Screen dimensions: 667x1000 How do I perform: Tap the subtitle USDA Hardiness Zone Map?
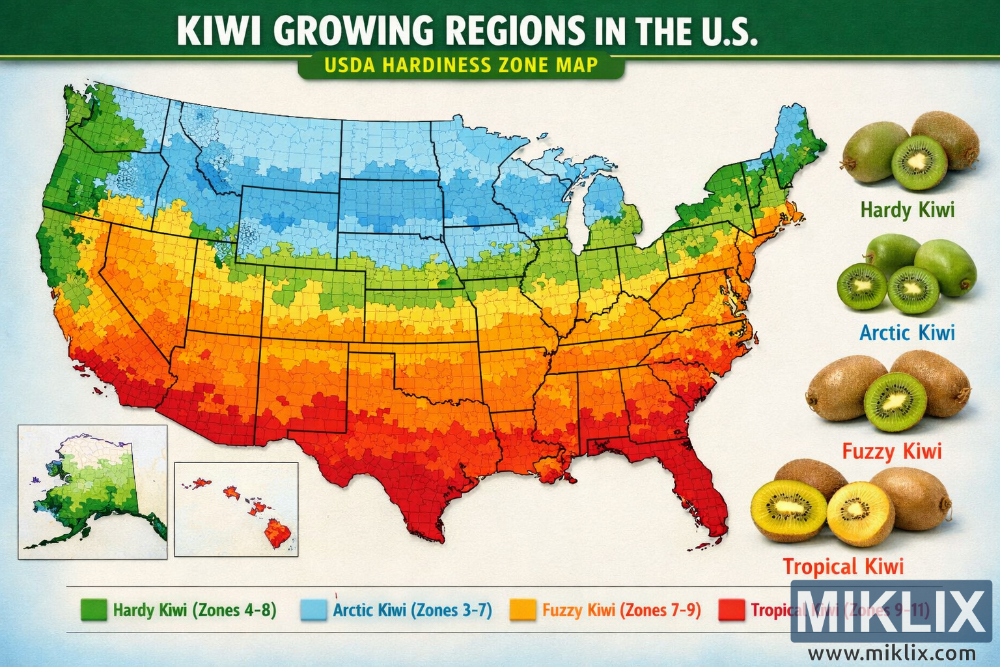coord(461,65)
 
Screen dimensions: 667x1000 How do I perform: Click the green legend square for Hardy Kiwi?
coord(93,610)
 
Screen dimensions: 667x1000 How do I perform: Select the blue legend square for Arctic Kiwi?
coord(312,610)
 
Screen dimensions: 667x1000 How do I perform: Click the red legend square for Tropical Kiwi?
coord(730,610)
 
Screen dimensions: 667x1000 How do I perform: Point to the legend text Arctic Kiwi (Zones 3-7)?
coord(412,610)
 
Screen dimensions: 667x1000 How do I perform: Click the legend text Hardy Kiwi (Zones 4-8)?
coord(195,610)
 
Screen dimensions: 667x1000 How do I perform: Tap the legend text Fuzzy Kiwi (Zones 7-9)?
coord(621,610)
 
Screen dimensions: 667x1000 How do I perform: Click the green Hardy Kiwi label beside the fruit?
coord(907,210)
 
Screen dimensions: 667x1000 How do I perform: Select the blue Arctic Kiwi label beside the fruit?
coord(907,333)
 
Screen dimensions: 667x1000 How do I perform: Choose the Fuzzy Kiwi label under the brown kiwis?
coord(891,451)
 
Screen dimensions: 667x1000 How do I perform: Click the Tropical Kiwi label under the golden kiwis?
coord(843,567)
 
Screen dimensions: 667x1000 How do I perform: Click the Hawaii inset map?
coord(236,509)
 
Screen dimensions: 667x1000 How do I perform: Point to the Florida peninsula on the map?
coord(700,495)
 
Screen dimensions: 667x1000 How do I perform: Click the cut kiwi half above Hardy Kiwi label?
coord(919,163)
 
